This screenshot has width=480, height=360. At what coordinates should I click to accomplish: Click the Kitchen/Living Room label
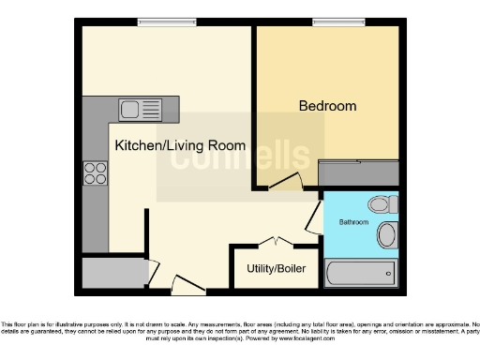coord(180,146)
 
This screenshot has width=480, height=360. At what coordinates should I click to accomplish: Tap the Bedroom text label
coord(327,106)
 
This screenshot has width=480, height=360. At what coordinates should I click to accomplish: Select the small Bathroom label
coord(352,222)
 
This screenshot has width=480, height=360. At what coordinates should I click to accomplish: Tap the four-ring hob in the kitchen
coord(96,172)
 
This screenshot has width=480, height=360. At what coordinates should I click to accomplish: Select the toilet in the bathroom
coord(381,203)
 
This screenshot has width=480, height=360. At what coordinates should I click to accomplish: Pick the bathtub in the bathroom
coord(361,274)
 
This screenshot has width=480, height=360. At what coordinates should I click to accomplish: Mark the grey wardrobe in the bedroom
coord(359,172)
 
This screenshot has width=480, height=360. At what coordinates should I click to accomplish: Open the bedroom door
coord(285,183)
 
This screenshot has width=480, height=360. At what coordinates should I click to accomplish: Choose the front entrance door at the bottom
coord(187,284)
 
